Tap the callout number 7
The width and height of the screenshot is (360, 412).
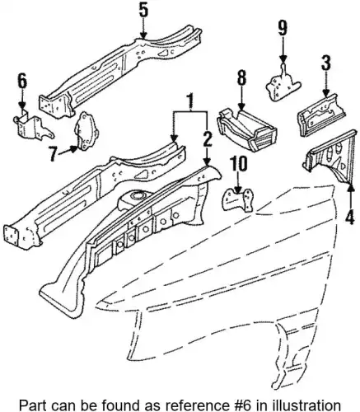tap(54, 153)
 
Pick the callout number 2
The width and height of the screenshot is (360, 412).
tap(208, 138)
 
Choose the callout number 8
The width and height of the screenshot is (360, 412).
tap(241, 79)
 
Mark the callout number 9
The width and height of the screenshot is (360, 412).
tap(283, 29)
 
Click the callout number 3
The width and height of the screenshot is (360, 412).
tap(325, 63)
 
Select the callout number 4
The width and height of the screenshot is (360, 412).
tap(350, 216)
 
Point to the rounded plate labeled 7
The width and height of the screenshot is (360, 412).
tap(86, 131)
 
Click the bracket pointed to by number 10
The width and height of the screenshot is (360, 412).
tap(238, 199)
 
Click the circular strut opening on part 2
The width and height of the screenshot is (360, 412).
tap(137, 196)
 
